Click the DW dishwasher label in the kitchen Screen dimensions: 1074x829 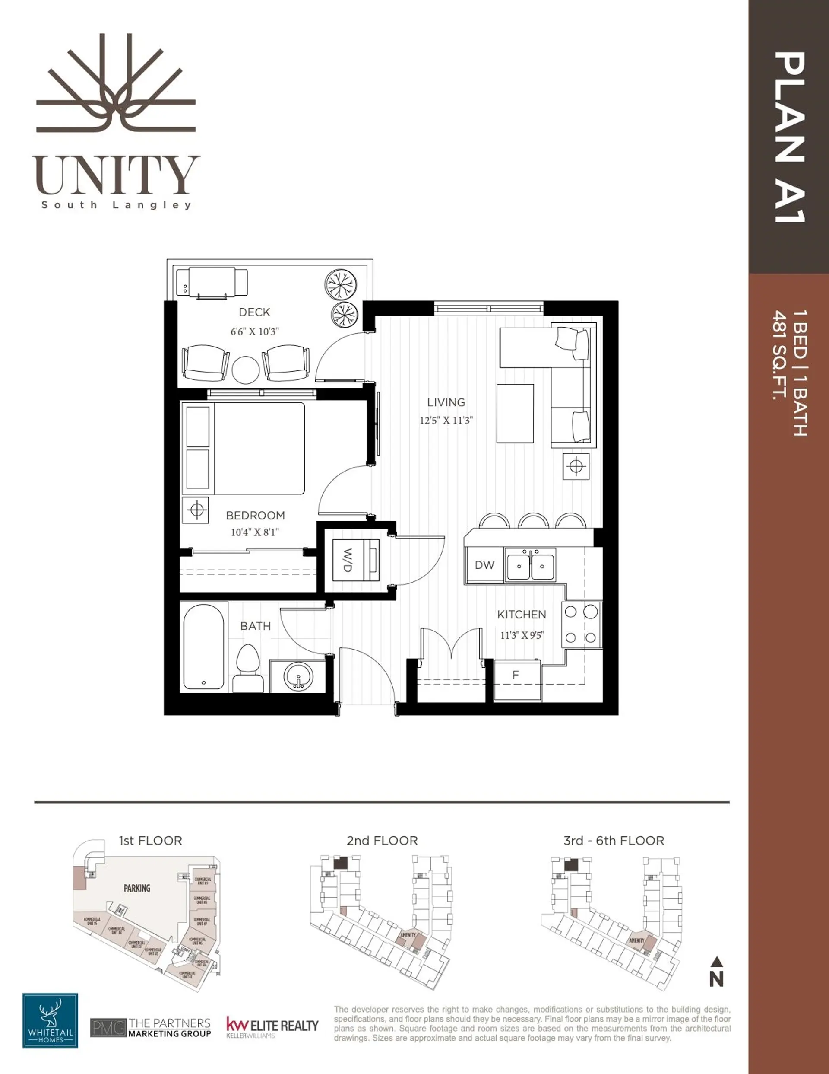pos(484,565)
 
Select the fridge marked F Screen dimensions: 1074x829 pos(516,675)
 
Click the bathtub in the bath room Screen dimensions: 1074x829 pos(203,647)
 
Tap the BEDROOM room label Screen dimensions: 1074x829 pos(255,515)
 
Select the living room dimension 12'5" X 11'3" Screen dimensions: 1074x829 pos(446,421)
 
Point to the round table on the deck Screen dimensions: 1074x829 pos(246,370)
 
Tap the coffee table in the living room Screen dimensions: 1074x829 pos(515,414)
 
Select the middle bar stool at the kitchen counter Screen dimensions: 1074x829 pos(533,521)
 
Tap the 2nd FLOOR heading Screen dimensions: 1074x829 pos(382,841)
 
